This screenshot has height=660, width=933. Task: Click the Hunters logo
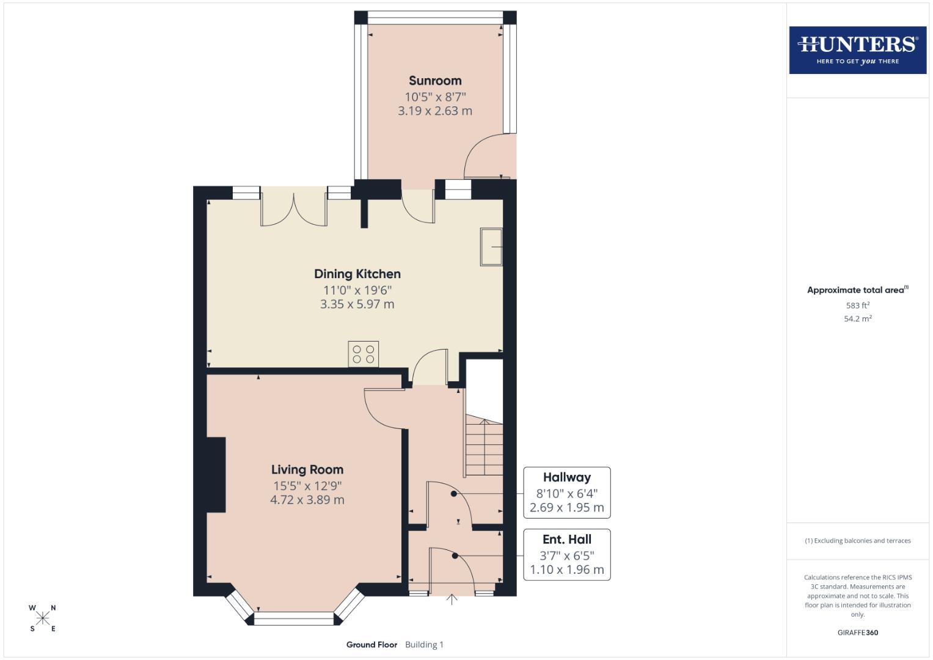pyautogui.click(x=857, y=50)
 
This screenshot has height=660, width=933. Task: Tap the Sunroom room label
pyautogui.click(x=435, y=81)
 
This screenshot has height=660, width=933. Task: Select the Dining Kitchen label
pyautogui.click(x=357, y=274)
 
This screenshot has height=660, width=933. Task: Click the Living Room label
pyautogui.click(x=307, y=469)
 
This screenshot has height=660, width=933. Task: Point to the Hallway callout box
pyautogui.click(x=566, y=493)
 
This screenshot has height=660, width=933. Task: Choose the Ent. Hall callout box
pyautogui.click(x=566, y=554)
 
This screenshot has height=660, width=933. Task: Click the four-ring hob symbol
pyautogui.click(x=364, y=354)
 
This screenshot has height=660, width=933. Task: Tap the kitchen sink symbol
pyautogui.click(x=491, y=247)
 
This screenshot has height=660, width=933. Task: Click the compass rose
pyautogui.click(x=43, y=618)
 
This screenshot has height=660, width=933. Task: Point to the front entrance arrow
pyautogui.click(x=452, y=599)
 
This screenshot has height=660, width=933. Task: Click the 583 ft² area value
pyautogui.click(x=857, y=306)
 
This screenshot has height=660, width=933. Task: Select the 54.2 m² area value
pyautogui.click(x=857, y=318)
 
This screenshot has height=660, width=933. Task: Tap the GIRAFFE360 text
pyautogui.click(x=857, y=632)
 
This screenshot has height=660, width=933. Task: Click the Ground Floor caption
pyautogui.click(x=371, y=645)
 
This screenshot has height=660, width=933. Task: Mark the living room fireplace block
pyautogui.click(x=216, y=474)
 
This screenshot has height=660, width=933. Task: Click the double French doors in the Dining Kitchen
pyautogui.click(x=294, y=209)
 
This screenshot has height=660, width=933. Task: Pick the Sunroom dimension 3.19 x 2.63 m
pyautogui.click(x=435, y=111)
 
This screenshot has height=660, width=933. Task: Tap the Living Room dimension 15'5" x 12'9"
pyautogui.click(x=307, y=486)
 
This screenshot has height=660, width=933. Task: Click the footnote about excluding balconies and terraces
pyautogui.click(x=857, y=541)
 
